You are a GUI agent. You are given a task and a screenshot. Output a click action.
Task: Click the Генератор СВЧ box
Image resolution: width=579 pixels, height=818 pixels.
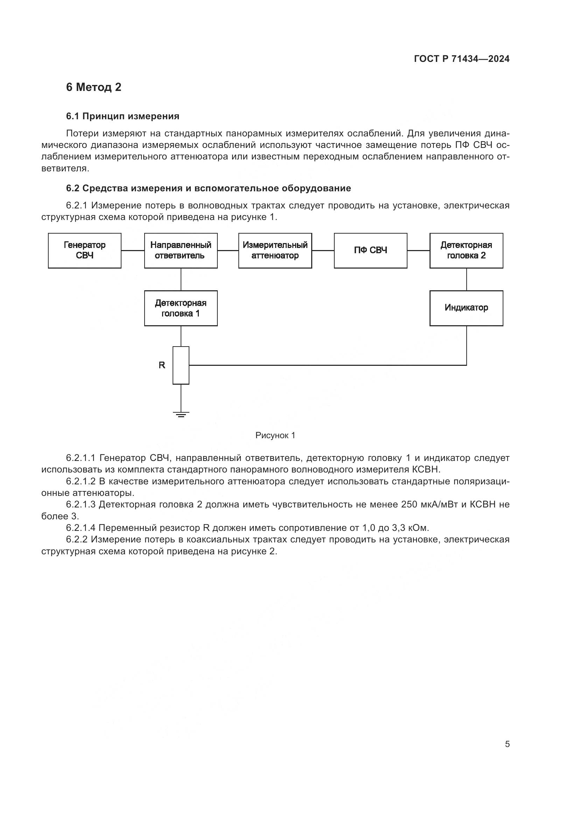[84, 250]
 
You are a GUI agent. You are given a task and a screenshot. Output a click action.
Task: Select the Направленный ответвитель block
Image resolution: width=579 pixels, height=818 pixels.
[181, 250]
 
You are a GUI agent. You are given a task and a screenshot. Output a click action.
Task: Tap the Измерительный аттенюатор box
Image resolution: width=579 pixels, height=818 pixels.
[275, 250]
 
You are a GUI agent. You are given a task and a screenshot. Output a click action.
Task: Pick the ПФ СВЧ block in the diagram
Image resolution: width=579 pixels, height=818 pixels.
[370, 250]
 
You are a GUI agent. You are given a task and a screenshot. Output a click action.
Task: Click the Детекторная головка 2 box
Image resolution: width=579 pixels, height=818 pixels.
[466, 250]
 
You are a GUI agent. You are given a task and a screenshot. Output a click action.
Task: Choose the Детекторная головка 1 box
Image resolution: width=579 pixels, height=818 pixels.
[181, 308]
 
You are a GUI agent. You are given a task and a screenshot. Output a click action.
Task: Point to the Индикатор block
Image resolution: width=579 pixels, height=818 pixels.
[466, 308]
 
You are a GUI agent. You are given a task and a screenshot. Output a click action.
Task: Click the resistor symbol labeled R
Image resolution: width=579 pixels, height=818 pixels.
[181, 365]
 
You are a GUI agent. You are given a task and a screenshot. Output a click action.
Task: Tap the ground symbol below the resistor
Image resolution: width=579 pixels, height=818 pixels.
[181, 414]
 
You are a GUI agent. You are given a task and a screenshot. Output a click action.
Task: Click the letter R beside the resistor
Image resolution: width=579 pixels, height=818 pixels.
[162, 365]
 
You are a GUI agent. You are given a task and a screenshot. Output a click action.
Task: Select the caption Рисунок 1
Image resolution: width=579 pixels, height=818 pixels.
[275, 435]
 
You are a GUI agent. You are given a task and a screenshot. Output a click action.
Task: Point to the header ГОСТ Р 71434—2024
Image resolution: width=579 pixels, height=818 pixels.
[462, 59]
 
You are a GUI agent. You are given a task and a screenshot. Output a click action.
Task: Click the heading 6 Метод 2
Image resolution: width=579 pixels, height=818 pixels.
[93, 87]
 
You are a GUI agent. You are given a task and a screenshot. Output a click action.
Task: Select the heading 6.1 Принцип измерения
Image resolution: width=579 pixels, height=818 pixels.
[123, 116]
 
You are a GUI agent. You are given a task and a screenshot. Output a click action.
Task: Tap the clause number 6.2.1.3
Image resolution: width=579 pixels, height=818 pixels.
[81, 505]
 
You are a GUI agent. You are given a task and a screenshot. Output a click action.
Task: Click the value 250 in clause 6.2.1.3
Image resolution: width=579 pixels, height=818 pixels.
[410, 505]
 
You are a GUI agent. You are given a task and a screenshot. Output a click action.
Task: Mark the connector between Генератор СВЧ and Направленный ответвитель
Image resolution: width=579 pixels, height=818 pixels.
[133, 250]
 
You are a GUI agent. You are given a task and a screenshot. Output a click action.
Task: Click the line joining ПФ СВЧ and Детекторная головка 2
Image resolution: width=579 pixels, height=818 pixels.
[418, 250]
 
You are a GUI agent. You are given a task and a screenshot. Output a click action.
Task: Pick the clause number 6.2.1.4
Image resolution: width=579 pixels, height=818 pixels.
[81, 528]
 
